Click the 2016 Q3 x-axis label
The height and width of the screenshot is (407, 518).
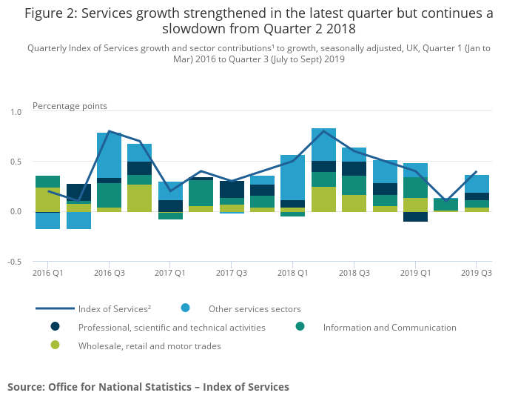(109, 273)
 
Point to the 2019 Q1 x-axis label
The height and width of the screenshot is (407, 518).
(416, 273)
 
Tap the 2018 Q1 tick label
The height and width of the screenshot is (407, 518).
(293, 273)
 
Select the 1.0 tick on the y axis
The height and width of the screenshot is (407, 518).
(16, 112)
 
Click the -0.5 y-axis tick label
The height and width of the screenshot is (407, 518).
(15, 262)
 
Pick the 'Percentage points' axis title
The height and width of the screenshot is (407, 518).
(70, 106)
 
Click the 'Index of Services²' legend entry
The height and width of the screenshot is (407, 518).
(114, 308)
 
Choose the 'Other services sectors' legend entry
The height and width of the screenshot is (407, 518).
(255, 308)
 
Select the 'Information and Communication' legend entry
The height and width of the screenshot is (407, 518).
(389, 327)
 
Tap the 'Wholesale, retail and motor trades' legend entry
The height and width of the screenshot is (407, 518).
(149, 345)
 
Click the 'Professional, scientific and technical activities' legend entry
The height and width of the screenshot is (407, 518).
(172, 327)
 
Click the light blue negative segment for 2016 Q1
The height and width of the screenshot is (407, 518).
(47, 221)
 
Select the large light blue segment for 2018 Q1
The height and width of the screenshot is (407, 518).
(293, 178)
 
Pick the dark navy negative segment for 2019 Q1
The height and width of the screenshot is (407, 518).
(416, 216)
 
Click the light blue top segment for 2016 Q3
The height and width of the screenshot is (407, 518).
(109, 155)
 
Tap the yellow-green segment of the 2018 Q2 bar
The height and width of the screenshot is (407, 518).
(323, 199)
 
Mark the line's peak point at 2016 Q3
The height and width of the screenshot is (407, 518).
(109, 131)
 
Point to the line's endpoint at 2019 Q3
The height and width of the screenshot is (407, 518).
(477, 172)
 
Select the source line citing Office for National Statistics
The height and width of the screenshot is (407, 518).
(148, 387)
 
